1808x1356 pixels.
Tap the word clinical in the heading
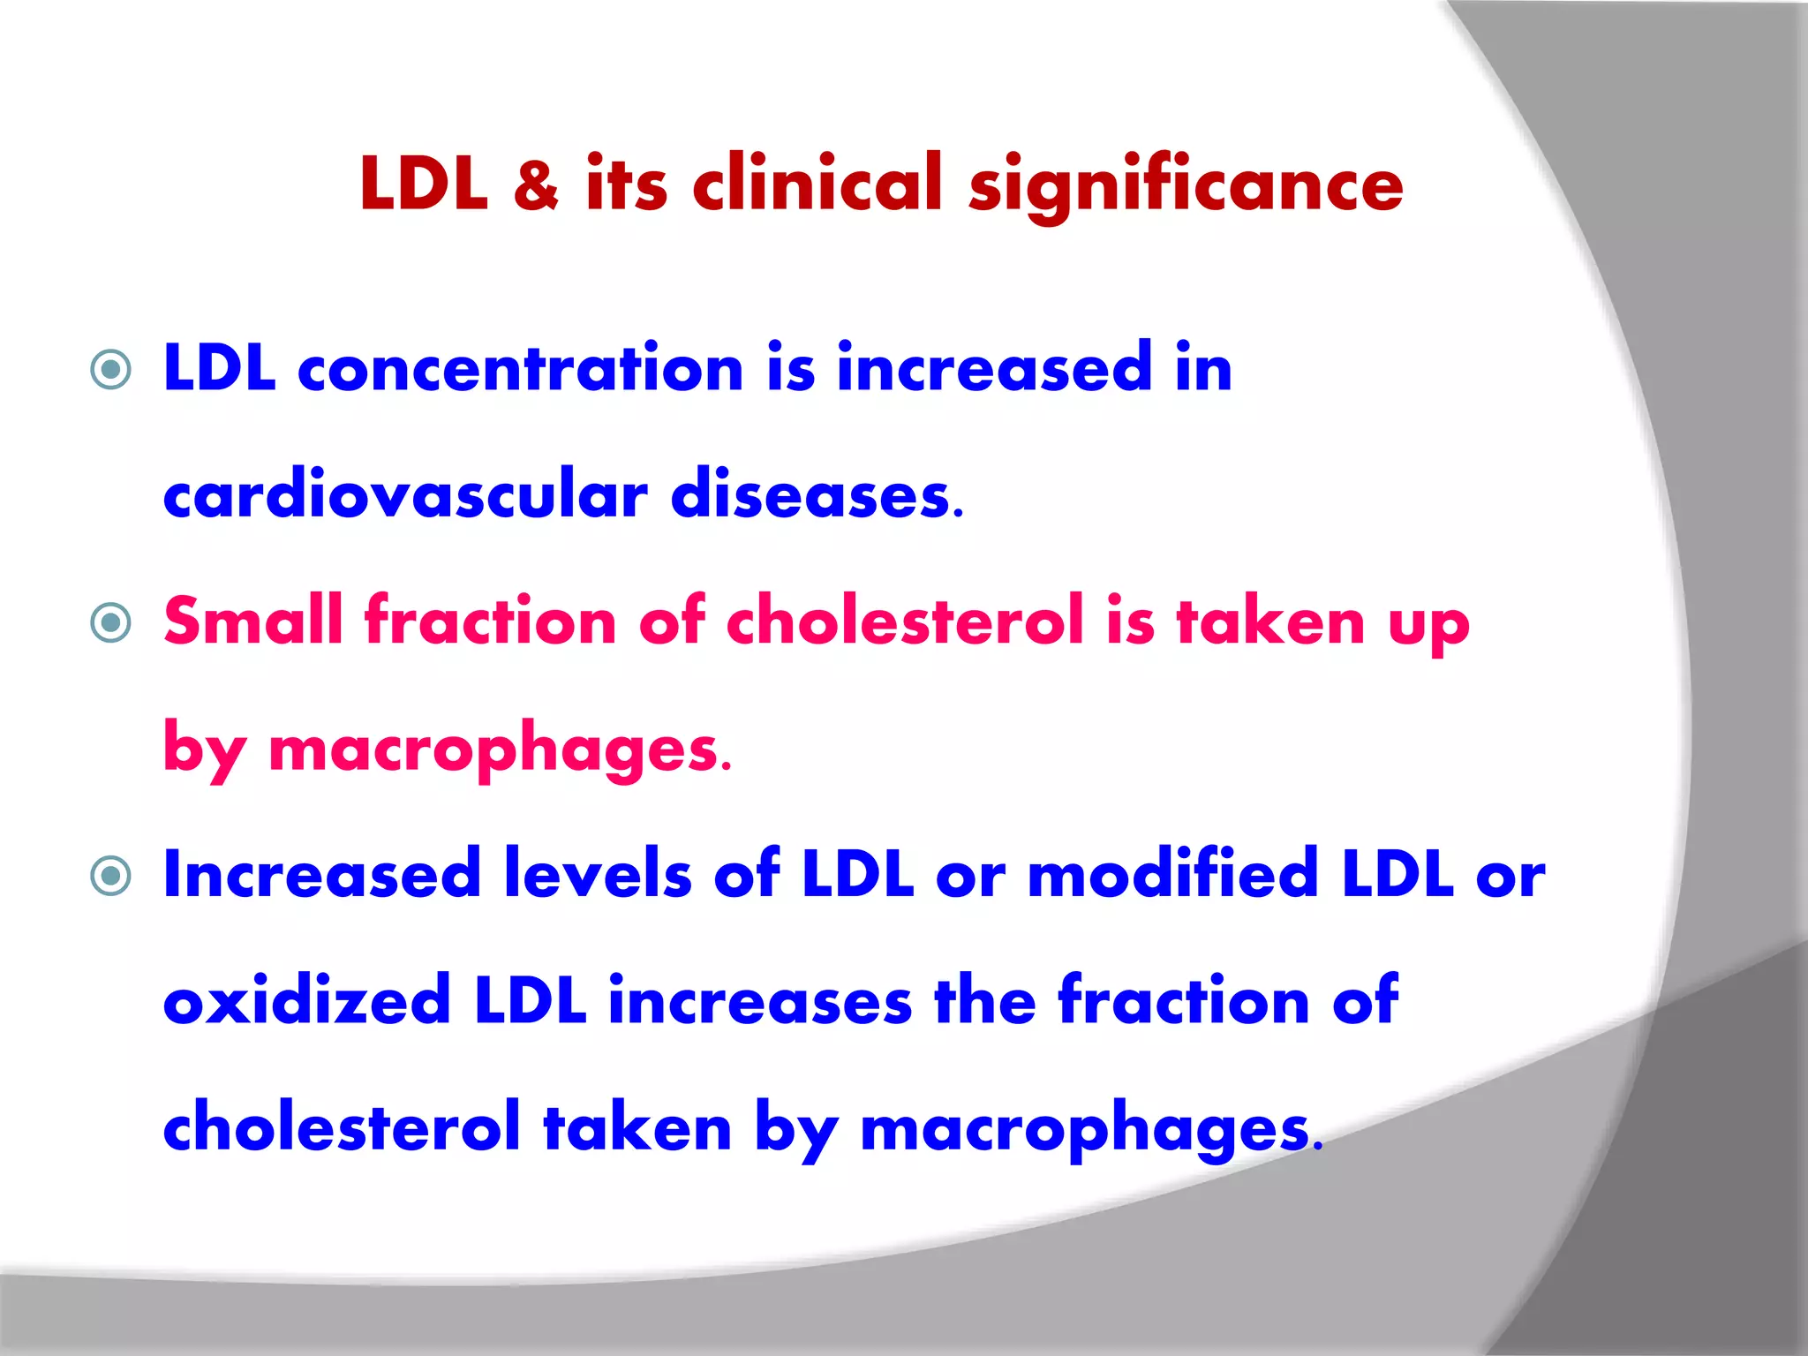(x=817, y=184)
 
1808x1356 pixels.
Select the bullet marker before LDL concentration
(x=111, y=369)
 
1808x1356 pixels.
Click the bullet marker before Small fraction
(x=111, y=623)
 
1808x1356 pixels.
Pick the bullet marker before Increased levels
(x=111, y=876)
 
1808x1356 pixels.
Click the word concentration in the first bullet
(x=521, y=369)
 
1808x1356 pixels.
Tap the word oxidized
(x=306, y=1001)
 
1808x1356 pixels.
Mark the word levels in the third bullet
(x=598, y=874)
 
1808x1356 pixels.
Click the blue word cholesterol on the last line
(x=342, y=1128)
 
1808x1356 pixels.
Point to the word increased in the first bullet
(x=994, y=369)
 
